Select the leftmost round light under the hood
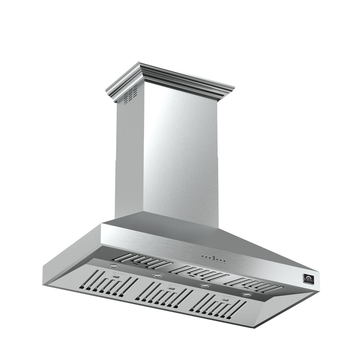[112, 266]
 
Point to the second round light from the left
[157, 275]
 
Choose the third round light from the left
[205, 285]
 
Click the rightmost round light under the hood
[247, 294]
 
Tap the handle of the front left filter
[116, 275]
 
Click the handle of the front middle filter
[171, 287]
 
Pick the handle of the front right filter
[224, 298]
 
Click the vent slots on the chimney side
[130, 94]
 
